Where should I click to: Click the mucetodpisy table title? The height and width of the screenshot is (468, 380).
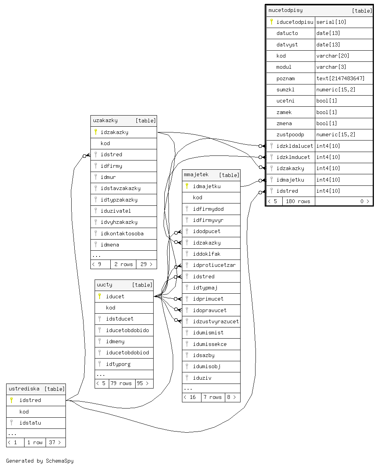[285, 10]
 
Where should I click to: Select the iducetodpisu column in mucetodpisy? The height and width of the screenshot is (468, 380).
[295, 22]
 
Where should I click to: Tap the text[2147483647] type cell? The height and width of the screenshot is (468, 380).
[340, 78]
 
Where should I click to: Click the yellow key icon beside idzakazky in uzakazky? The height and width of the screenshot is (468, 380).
[96, 132]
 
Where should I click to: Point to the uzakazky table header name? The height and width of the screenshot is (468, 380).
[105, 121]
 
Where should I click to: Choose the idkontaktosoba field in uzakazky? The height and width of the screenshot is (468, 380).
[122, 233]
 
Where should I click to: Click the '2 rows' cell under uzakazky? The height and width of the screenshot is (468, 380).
[123, 264]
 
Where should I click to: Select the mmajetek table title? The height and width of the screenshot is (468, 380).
[196, 175]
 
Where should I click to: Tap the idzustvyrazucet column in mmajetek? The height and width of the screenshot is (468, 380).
[216, 321]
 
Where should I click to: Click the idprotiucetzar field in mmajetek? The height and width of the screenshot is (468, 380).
[214, 265]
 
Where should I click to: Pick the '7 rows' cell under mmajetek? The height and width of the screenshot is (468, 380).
[213, 397]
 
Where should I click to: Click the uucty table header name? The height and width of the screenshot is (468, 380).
[105, 285]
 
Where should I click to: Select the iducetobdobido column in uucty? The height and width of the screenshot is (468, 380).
[127, 330]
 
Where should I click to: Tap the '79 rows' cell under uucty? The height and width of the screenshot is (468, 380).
[122, 383]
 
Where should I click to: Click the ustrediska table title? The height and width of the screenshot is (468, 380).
[24, 389]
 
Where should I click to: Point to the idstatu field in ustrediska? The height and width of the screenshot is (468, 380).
[30, 423]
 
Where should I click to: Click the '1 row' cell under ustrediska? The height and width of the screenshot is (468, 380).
[35, 442]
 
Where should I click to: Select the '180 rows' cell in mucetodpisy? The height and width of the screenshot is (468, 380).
[298, 201]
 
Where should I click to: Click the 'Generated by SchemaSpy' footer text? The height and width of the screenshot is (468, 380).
[40, 461]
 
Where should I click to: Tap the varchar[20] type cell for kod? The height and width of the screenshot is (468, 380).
[332, 56]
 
